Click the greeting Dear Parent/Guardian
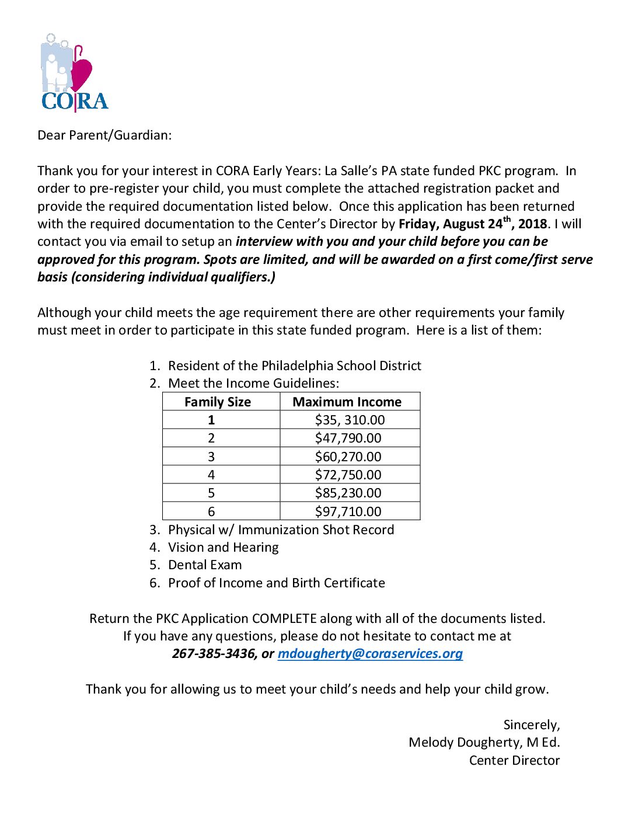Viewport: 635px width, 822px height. pos(104,135)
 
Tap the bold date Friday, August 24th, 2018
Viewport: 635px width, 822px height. pos(473,224)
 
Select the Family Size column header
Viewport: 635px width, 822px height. pos(218,402)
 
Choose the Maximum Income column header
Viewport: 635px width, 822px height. pos(347,402)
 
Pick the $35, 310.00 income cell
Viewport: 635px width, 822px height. pos(350,420)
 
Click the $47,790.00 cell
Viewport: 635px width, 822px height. pos(348,438)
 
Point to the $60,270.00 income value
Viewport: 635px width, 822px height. pos(348,457)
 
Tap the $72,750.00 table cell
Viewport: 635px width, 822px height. pos(348,475)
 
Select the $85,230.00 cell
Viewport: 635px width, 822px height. pos(348,493)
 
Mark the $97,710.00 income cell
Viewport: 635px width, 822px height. pos(348,511)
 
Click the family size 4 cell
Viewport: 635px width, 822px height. pos(211,475)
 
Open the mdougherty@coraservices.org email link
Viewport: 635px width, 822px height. pos(370,654)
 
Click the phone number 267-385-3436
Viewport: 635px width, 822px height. pos(214,654)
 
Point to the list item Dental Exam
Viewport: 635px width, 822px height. pos(205,565)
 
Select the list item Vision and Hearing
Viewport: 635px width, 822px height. pos(223,548)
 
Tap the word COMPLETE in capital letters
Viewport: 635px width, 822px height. pos(284,619)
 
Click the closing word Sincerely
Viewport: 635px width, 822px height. pos(531,725)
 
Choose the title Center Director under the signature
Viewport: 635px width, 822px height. pos(514,761)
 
